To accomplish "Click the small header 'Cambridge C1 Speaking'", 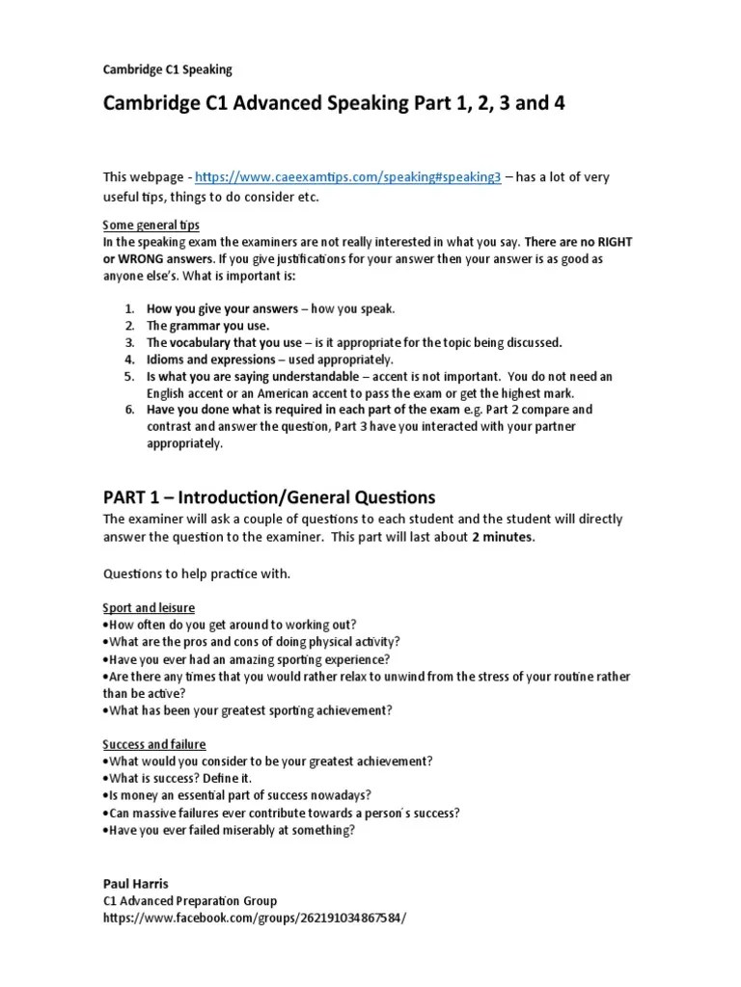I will pyautogui.click(x=167, y=69).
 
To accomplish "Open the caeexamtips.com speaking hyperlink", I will pyautogui.click(x=347, y=178).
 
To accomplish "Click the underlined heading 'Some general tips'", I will pyautogui.click(x=151, y=225).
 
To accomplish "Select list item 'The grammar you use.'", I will pyautogui.click(x=201, y=326).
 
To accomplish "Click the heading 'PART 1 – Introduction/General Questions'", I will pyautogui.click(x=269, y=497).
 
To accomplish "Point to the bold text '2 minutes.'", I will pyautogui.click(x=502, y=538).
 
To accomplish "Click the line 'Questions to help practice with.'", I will pyautogui.click(x=197, y=574).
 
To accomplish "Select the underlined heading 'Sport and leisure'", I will pyautogui.click(x=149, y=607).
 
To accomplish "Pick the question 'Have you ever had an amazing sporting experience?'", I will pyautogui.click(x=248, y=659).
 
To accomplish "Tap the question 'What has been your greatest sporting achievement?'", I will pyautogui.click(x=248, y=710).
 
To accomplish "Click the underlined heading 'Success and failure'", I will pyautogui.click(x=154, y=745).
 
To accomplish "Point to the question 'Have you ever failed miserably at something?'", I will pyautogui.click(x=231, y=830).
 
